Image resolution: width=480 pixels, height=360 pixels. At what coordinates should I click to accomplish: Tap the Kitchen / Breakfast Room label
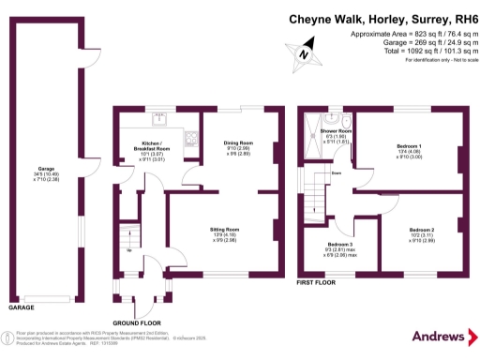(150, 148)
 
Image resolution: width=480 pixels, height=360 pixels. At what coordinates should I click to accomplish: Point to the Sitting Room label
(224, 229)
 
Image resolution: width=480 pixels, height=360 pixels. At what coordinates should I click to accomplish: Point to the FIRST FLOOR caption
(316, 279)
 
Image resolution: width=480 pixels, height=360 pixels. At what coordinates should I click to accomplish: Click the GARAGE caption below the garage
(21, 307)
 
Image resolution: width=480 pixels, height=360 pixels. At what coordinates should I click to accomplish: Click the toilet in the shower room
(346, 121)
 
